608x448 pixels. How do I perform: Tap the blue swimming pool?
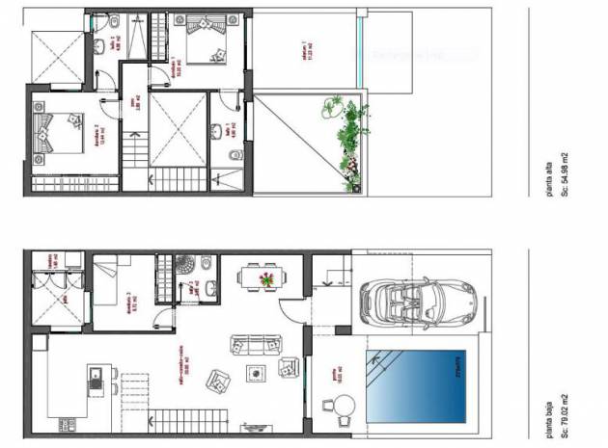(416, 382)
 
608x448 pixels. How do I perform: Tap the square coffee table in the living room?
(257, 375)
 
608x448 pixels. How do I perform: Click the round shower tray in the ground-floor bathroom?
(206, 266)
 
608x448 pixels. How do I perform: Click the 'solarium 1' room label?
(306, 53)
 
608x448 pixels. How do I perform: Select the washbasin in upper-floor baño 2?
(113, 21)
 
